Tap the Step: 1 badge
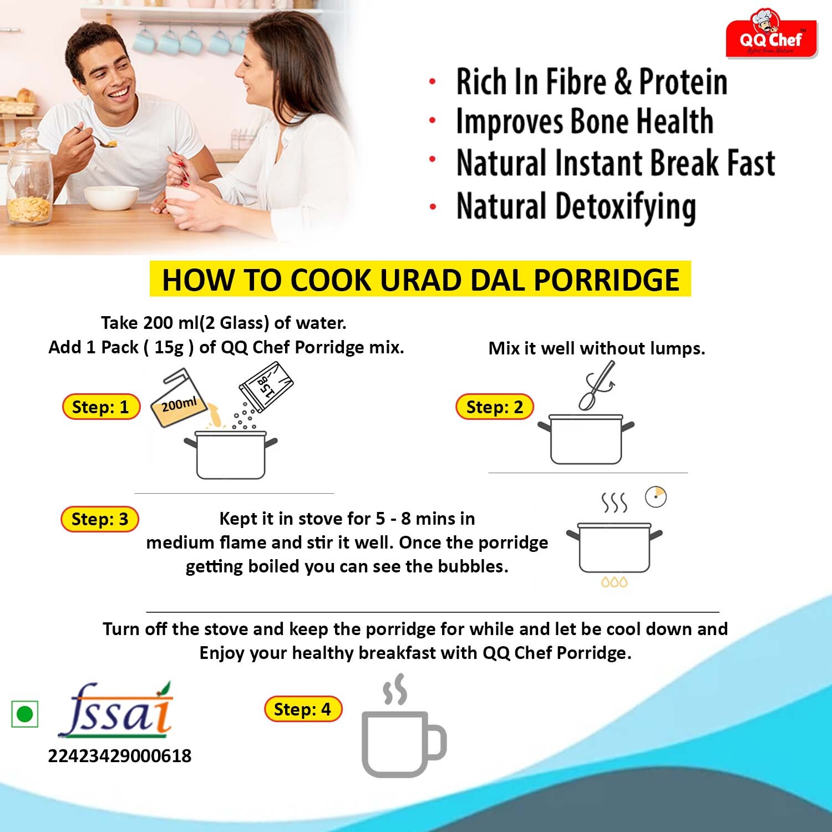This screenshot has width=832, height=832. tap(100, 407)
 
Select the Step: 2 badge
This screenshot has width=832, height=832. tap(494, 407)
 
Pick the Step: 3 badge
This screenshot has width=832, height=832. tap(100, 519)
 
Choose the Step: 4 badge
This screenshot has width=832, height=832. tap(303, 709)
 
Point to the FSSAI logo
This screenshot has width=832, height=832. tap(115, 710)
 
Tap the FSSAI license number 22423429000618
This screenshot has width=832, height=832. tap(120, 755)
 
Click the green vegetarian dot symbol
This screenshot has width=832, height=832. tap(25, 714)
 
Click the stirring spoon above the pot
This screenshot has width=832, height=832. tap(596, 385)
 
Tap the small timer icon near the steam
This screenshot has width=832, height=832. tap(656, 497)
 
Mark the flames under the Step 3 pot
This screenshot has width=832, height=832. tap(614, 582)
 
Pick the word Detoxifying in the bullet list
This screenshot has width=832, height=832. tap(626, 207)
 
